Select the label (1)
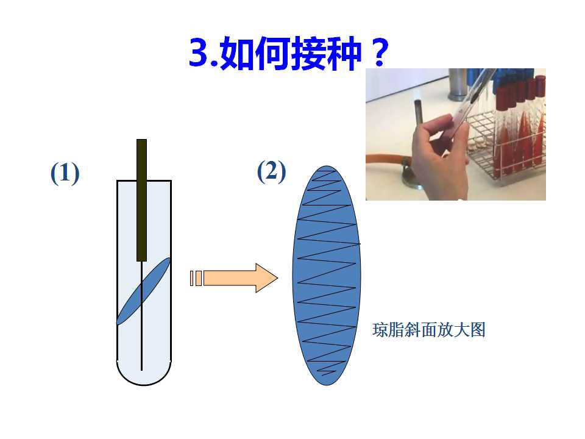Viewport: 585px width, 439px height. point(65,173)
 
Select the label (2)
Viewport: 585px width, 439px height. point(272,171)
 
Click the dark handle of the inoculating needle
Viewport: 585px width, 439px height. point(142,200)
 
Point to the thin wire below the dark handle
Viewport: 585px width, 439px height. point(142,316)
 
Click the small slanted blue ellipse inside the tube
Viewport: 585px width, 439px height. point(144,291)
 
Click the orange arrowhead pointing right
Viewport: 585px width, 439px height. point(266,278)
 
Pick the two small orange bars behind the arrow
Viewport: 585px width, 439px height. point(196,278)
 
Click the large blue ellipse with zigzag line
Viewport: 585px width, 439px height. point(327,276)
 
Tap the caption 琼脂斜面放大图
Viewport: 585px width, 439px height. point(429,330)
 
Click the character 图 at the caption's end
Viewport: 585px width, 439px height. point(478,330)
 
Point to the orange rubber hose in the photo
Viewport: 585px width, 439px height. point(385,159)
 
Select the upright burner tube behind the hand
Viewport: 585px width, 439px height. point(418,112)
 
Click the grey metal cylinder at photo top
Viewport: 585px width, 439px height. point(458,84)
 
